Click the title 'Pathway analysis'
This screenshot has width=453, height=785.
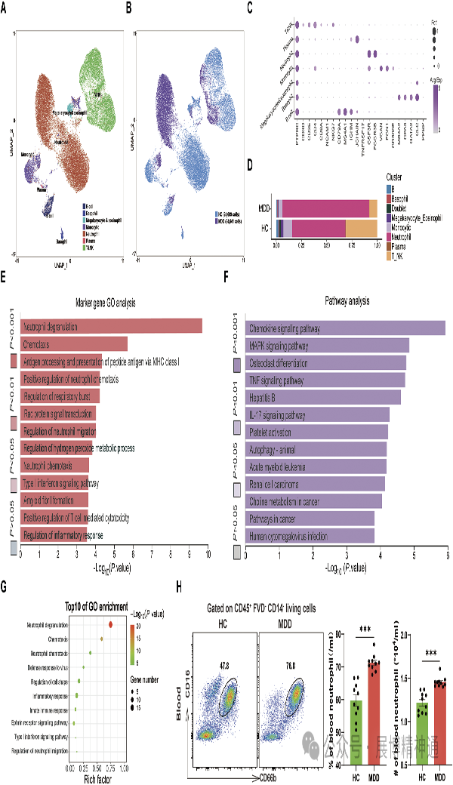[347, 301]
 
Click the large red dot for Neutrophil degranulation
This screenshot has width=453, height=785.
[111, 624]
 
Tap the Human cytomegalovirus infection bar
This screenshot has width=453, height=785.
[310, 535]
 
